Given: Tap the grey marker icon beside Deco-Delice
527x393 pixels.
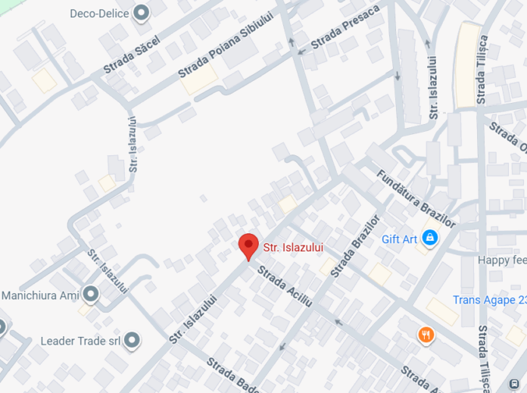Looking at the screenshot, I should [x=141, y=13].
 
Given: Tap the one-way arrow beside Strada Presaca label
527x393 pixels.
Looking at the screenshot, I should [x=302, y=51].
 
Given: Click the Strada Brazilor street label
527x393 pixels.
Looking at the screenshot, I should [x=354, y=245].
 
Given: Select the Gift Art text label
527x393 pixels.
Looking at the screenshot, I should [x=399, y=239].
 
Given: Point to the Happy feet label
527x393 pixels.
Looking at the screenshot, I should [x=501, y=260].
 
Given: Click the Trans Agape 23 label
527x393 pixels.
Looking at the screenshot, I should [x=489, y=299].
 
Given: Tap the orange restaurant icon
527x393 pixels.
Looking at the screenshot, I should [x=426, y=334].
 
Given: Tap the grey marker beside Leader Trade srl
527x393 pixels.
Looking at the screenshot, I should [x=133, y=341].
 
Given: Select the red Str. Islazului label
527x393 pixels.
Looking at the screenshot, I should [x=293, y=247].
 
